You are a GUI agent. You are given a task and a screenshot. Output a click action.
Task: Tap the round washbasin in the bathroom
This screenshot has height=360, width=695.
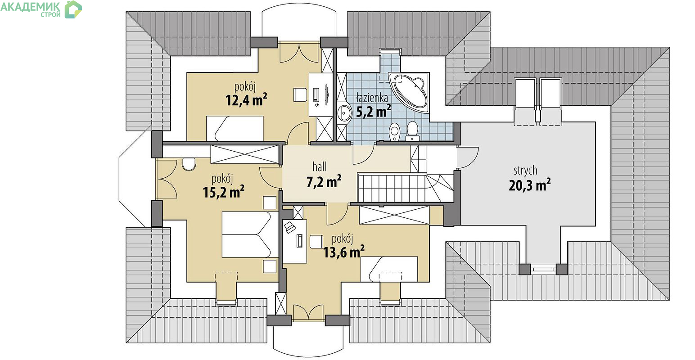pyautogui.click(x=344, y=113)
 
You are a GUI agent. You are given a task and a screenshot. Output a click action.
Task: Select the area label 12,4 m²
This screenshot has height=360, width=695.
pyautogui.click(x=246, y=100)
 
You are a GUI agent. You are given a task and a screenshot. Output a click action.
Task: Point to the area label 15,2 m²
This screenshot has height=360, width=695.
pyautogui.click(x=223, y=192)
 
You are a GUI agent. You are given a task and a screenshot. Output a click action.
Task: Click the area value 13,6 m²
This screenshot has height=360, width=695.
pyautogui.click(x=344, y=252)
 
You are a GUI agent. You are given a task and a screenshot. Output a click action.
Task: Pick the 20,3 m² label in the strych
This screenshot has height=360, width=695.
pyautogui.click(x=530, y=185)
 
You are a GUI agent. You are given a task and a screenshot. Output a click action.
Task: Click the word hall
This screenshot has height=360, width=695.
pyautogui.click(x=319, y=167)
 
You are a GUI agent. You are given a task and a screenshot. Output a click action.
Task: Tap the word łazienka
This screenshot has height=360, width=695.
pyautogui.click(x=372, y=98)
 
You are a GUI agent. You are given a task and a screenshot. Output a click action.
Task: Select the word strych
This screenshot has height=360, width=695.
pyautogui.click(x=525, y=171)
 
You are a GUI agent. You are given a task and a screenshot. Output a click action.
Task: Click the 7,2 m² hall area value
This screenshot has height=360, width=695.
pyautogui.click(x=324, y=181)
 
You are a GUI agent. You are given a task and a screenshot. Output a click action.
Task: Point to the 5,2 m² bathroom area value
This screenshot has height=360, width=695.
pyautogui.click(x=373, y=111)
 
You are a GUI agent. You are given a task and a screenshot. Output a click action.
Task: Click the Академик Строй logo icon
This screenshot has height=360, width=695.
pyautogui.click(x=73, y=9)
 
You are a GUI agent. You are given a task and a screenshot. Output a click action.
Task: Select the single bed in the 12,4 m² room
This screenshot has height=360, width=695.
pyautogui.click(x=235, y=128)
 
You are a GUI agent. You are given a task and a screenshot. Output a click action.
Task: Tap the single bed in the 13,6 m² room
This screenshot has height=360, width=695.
pyautogui.click(x=389, y=269)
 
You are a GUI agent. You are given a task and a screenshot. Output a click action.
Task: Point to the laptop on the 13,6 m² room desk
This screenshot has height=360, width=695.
pyautogui.click(x=290, y=227)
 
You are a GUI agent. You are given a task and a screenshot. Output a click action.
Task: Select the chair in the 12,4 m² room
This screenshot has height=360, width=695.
pyautogui.click(x=300, y=95)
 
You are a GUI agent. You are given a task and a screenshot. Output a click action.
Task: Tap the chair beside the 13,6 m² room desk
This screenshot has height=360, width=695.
pyautogui.click(x=316, y=242)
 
